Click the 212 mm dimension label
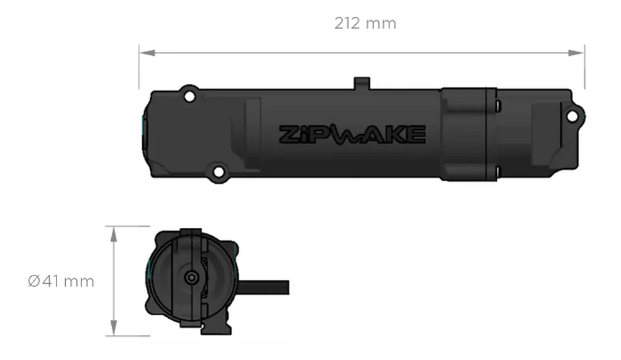click(365, 24)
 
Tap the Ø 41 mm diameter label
click(61, 282)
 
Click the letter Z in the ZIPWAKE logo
click(289, 134)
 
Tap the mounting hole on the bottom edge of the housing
click(218, 171)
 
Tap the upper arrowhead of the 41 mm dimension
click(113, 234)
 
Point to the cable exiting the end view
click(267, 288)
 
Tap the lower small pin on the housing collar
click(499, 169)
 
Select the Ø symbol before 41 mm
click(32, 282)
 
